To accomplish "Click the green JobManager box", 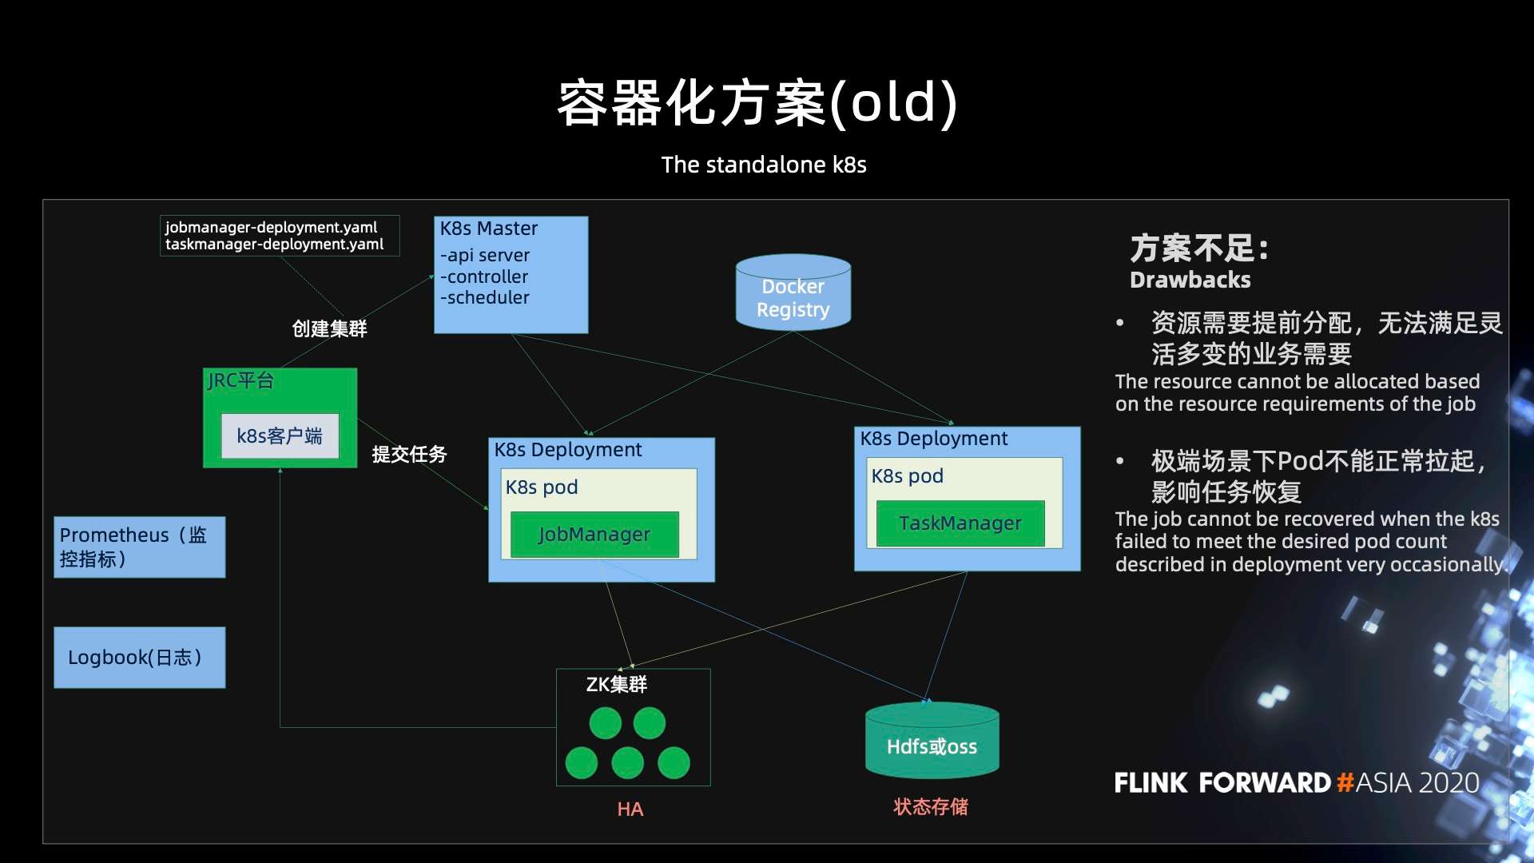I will tap(594, 535).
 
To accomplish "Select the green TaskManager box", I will tap(960, 523).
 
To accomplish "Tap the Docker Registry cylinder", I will tap(793, 294).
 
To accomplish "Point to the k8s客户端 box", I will tap(280, 435).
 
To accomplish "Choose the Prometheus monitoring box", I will tap(139, 547).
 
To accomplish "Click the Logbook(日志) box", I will tap(139, 657).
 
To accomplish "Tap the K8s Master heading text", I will tap(488, 229).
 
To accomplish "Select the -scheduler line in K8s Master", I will tap(484, 297).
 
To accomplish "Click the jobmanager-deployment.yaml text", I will tap(271, 227).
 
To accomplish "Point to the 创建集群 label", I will tap(329, 328).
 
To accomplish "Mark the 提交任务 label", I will tap(409, 454).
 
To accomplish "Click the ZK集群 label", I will tap(616, 684).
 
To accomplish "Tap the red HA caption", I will tap(630, 809).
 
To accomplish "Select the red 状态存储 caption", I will tap(930, 806).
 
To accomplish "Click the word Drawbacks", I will tap(1190, 280).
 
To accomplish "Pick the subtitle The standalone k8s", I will tap(763, 165).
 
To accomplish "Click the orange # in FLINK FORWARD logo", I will tap(1345, 781).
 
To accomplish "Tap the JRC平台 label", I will tap(240, 380).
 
